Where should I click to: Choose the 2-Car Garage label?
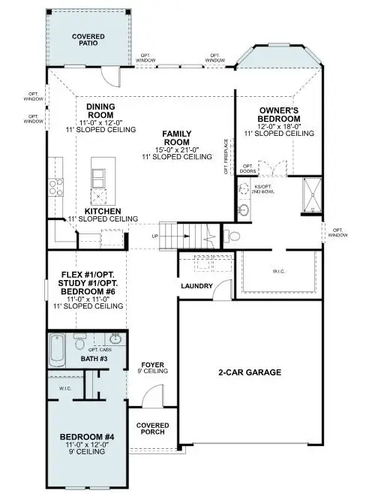click(250, 372)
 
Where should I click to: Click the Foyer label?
click(154, 366)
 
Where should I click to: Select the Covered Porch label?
click(152, 429)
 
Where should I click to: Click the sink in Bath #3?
click(115, 339)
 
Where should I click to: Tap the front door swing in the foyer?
click(152, 396)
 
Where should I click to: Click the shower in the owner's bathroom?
click(311, 192)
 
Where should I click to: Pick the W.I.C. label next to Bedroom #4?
click(64, 388)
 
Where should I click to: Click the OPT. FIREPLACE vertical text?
click(226, 156)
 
